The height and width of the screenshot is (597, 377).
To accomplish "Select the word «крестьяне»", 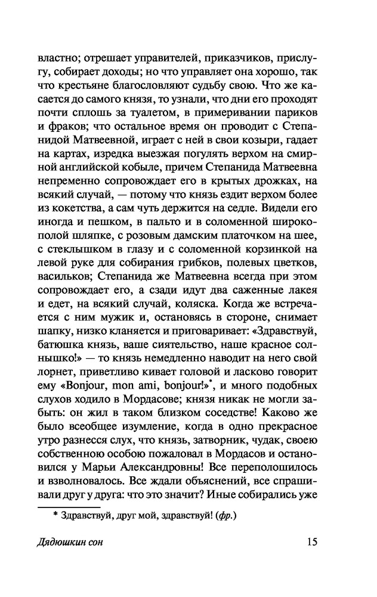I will click(88, 86).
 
